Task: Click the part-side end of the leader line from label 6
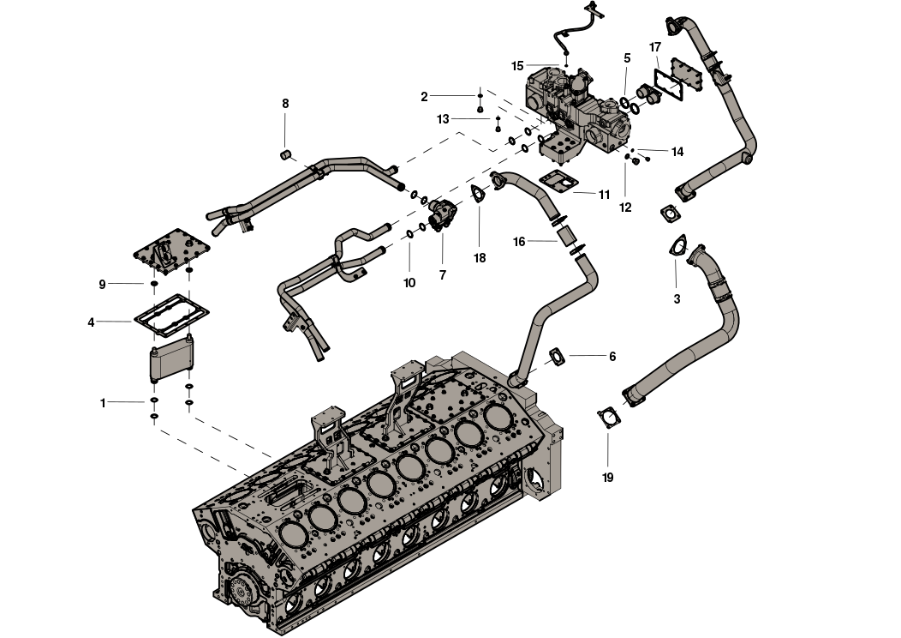pos(570,356)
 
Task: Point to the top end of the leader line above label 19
pos(608,433)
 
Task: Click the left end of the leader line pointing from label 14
pos(638,150)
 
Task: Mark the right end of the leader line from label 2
pos(476,95)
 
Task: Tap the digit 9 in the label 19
pos(611,478)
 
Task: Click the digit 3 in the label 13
pos(446,119)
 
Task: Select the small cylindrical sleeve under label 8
pos(285,154)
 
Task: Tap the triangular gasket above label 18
pos(479,193)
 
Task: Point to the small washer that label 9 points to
pos(153,284)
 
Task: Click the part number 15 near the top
pos(517,66)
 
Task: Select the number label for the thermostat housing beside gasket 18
pos(443,275)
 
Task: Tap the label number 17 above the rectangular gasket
pos(656,47)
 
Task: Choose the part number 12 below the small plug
pos(625,208)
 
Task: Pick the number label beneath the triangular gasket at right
pos(677,299)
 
